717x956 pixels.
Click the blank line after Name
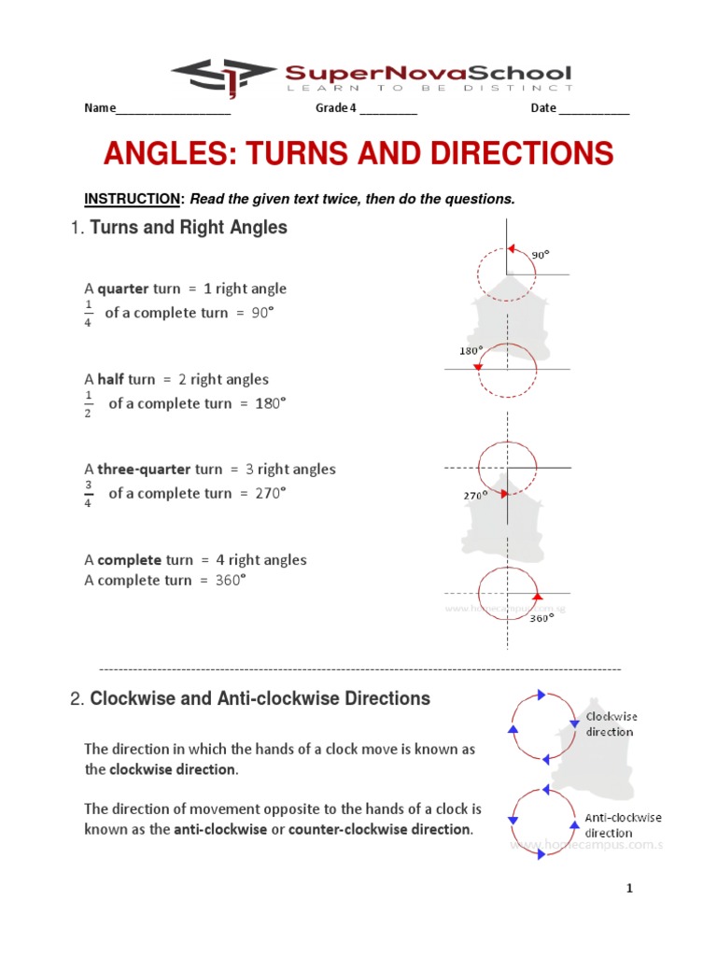pyautogui.click(x=173, y=110)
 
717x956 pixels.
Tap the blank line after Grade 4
pyautogui.click(x=387, y=110)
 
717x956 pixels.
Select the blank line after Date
pyautogui.click(x=595, y=110)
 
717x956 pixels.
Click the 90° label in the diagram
pyautogui.click(x=541, y=254)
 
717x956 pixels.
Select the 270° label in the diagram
pyautogui.click(x=476, y=496)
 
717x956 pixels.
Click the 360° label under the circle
pyautogui.click(x=541, y=617)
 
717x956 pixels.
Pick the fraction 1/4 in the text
pyautogui.click(x=89, y=314)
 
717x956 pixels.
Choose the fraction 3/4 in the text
pyautogui.click(x=89, y=494)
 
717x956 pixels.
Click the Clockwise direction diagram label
pyautogui.click(x=612, y=724)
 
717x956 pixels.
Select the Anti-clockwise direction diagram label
pyautogui.click(x=623, y=825)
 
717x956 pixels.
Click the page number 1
pyautogui.click(x=630, y=889)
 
